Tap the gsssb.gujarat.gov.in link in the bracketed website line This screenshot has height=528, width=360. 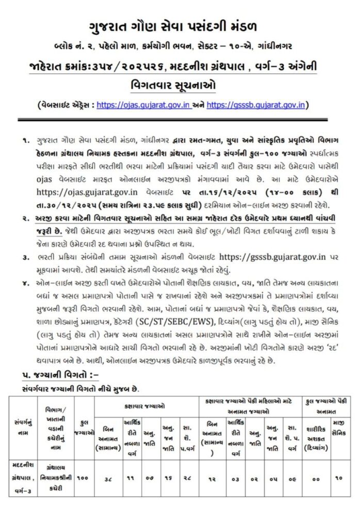(x=256, y=106)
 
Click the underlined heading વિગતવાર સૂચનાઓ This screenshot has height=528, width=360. (x=180, y=86)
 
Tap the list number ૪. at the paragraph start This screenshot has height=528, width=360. (x=25, y=284)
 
